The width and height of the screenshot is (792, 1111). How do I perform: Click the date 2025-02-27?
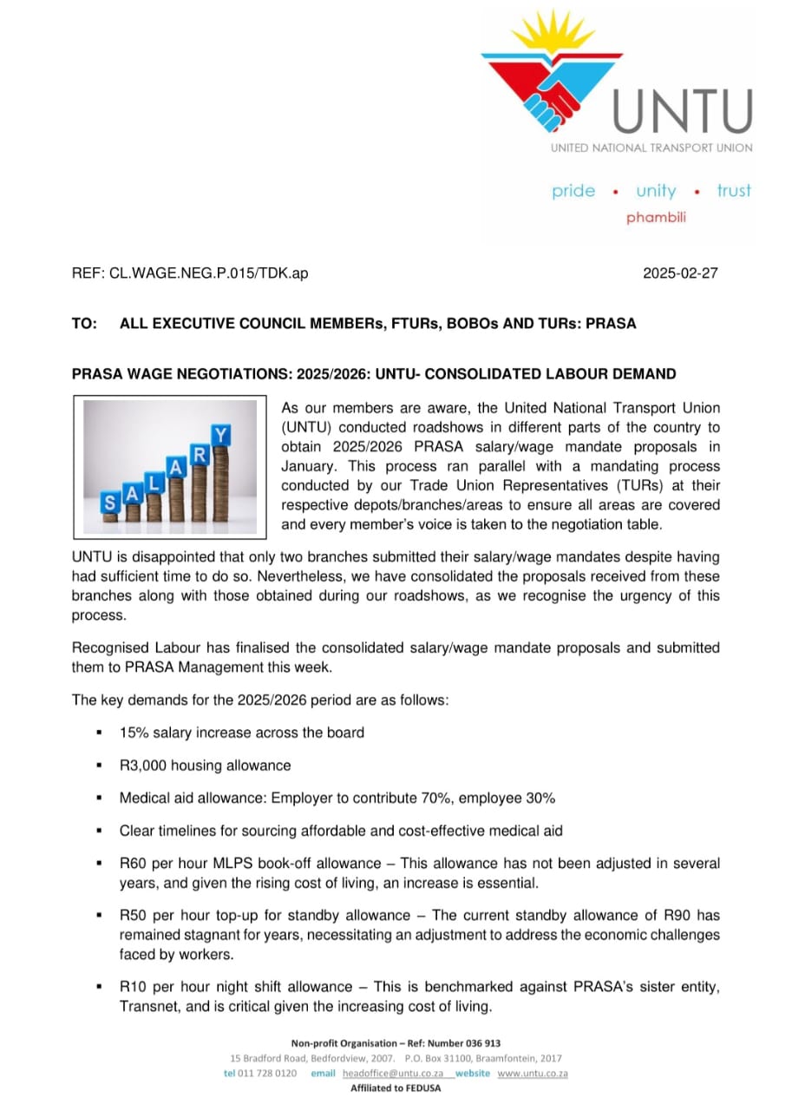pos(680,273)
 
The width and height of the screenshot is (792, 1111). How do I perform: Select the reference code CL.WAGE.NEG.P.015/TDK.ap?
pos(208,273)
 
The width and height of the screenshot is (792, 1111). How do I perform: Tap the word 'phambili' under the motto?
pos(656,218)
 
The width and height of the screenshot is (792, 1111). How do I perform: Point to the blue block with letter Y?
pos(223,434)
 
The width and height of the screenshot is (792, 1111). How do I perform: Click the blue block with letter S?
pos(110,503)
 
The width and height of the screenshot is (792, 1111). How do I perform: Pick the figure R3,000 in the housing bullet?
pos(144,766)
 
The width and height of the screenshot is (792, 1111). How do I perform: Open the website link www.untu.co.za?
pos(533,1074)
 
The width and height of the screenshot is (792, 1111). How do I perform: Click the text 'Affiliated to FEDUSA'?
pos(396,1088)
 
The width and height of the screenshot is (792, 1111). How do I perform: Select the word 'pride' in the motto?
pos(573,191)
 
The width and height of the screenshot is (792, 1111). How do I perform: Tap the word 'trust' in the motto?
pos(734,191)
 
